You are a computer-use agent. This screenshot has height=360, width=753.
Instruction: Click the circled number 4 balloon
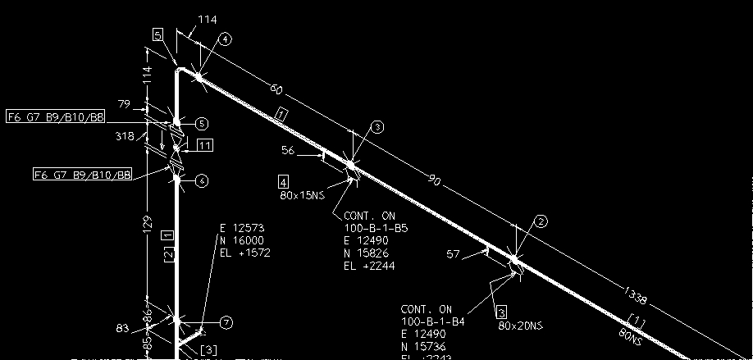coord(226,39)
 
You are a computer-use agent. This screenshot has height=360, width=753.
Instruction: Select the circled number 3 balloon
coord(377,126)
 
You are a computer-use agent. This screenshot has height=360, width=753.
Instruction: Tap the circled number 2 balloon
coord(541,221)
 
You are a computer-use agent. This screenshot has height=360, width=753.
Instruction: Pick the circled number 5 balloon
coord(202,124)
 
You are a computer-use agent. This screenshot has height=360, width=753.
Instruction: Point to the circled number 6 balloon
coord(202,180)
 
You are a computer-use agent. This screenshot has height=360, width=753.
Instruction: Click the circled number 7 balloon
coord(227,322)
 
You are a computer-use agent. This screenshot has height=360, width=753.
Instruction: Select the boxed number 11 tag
coord(205,145)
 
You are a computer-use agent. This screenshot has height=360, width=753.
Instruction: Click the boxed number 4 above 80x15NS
coord(284,181)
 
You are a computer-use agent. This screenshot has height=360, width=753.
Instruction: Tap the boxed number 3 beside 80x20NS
coord(501,312)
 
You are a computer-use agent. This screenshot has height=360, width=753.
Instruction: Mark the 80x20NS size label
coord(521,326)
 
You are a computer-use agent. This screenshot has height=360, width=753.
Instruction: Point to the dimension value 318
coord(124,136)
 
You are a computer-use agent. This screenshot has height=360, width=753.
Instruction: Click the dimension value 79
coord(124,104)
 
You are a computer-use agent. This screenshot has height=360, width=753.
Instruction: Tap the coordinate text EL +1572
coord(245,253)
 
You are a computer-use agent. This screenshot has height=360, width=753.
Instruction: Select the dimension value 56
coord(288,151)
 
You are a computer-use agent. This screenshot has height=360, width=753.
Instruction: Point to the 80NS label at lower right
coord(632,335)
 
